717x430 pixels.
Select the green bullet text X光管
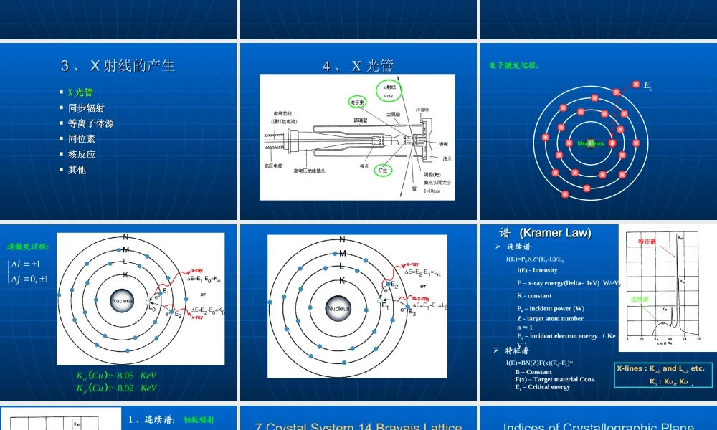point(80,92)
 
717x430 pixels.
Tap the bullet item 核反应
point(82,154)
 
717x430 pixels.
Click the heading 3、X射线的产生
point(118,66)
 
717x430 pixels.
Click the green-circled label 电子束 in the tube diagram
point(358,102)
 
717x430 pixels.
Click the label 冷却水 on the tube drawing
point(424,110)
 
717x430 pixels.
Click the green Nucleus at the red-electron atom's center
point(591,143)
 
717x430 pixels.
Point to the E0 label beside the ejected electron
point(648,86)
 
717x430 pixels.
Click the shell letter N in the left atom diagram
point(125,237)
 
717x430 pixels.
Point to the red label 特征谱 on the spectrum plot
point(647,242)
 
